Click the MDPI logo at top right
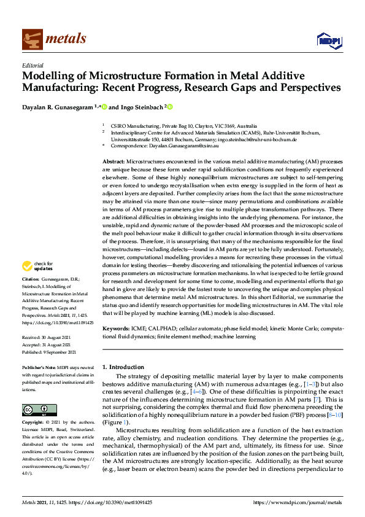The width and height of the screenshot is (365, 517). [x=328, y=41]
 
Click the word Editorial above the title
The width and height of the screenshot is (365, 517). [x=33, y=65]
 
